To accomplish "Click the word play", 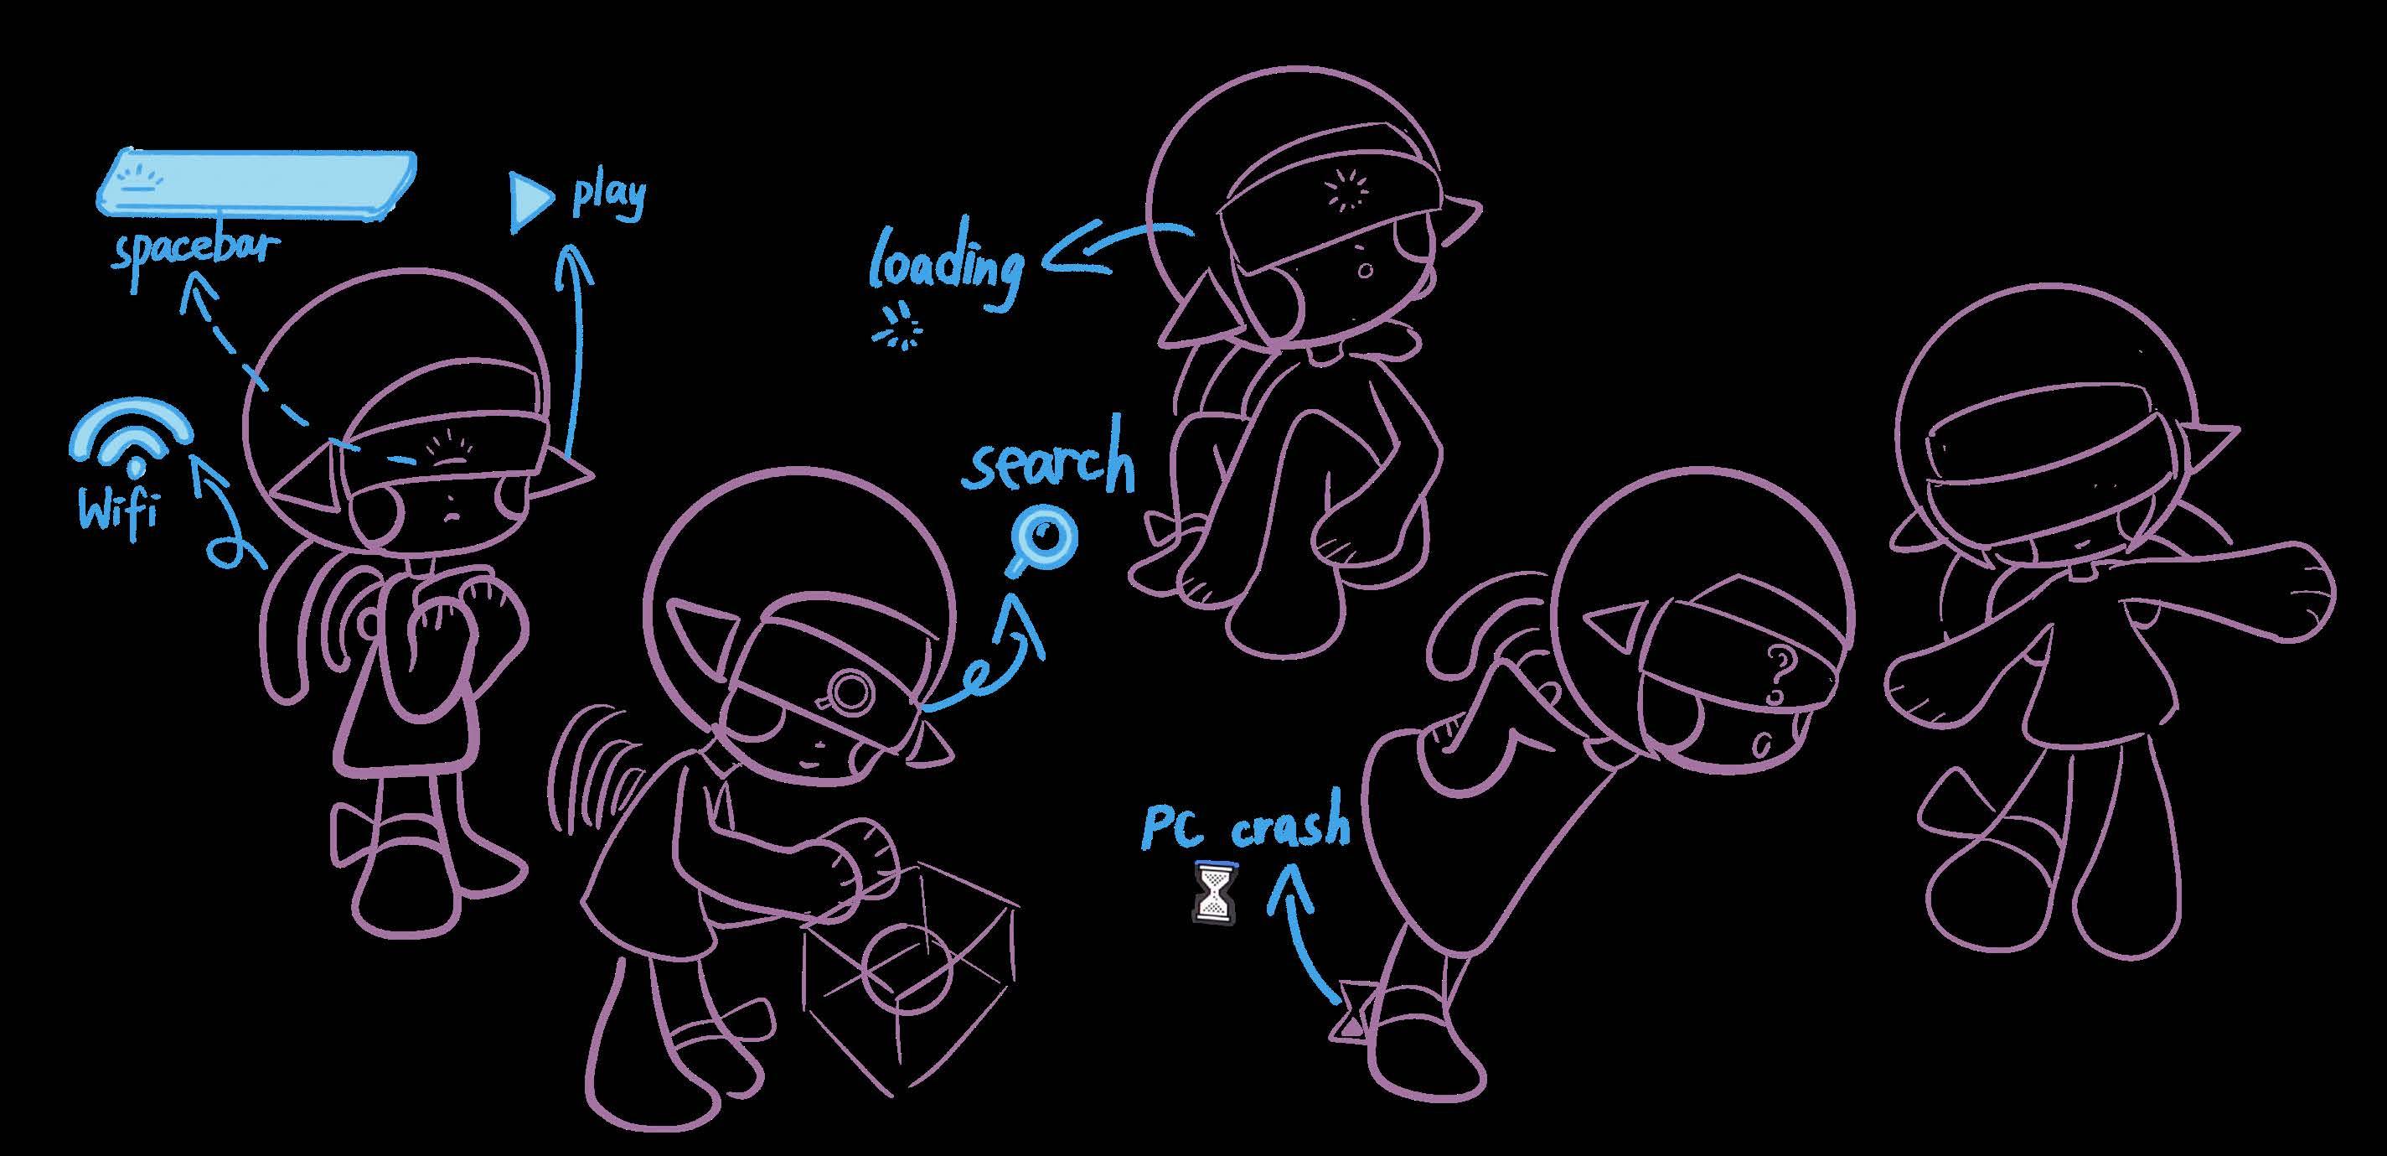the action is coord(608,198).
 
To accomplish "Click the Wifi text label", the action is coord(117,513).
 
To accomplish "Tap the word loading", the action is coord(945,266).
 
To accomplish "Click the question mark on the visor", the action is coord(1775,673).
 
